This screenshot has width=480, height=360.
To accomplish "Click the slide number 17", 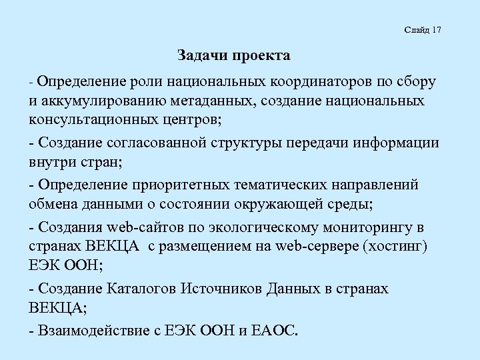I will [x=437, y=31].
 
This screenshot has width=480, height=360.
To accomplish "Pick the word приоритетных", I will [x=167, y=184].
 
